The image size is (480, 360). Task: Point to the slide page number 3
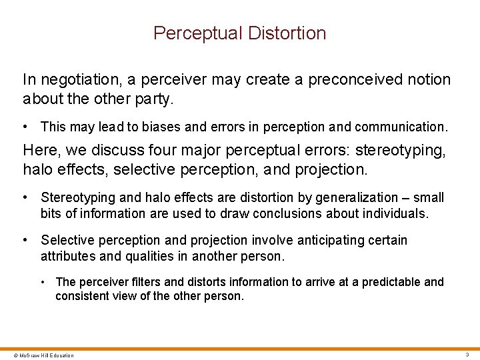point(467,355)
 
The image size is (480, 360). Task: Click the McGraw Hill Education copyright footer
point(38,355)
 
